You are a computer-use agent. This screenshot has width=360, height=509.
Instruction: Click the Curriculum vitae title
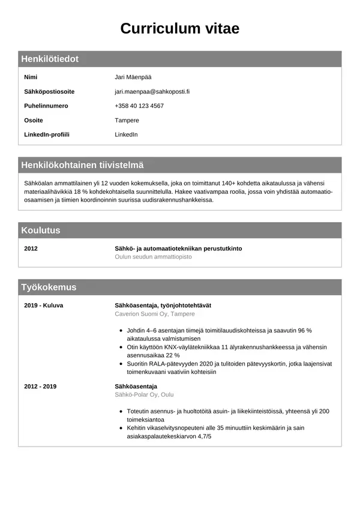coord(180,29)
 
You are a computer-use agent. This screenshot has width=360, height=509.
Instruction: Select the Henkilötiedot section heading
coord(50,59)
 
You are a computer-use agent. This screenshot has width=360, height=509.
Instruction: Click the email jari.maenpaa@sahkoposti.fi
coord(152,92)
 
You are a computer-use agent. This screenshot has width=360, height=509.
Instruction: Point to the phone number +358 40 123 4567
coord(139,106)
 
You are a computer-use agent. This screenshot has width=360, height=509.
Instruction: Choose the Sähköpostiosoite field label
coord(49,92)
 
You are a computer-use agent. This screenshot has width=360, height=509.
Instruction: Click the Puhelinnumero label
coord(46,106)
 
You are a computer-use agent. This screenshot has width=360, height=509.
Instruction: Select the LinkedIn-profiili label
coord(47,134)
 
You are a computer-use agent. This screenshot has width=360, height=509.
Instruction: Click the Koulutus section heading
coord(41,230)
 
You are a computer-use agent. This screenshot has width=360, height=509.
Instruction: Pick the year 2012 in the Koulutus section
coord(31,248)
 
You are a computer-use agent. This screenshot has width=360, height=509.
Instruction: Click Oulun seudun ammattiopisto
coord(153,257)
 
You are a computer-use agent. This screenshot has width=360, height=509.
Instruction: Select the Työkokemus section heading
coord(49,288)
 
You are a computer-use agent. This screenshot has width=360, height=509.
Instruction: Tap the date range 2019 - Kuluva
coord(43,306)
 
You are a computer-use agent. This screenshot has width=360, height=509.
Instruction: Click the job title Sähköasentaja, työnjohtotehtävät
coord(163,306)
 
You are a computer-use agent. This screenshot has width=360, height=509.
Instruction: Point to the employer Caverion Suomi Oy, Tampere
coord(155,314)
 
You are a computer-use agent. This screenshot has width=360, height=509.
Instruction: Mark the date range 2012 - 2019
coord(40,387)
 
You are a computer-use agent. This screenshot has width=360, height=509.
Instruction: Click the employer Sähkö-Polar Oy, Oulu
coord(144,395)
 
